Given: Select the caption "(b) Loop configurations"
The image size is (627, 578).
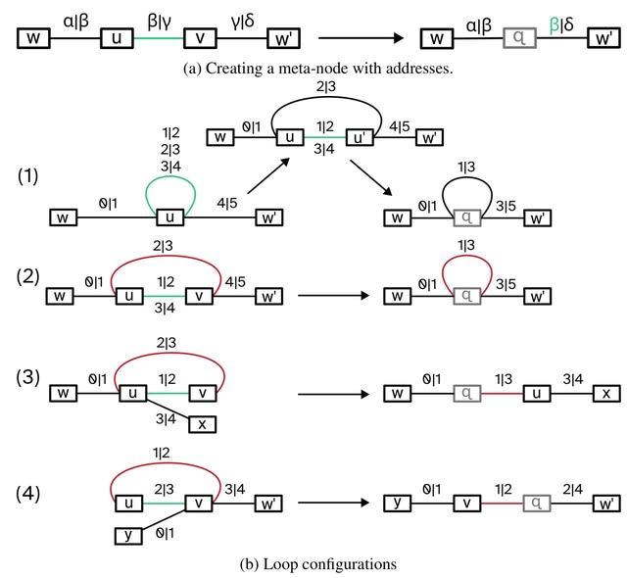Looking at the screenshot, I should (313, 563).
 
